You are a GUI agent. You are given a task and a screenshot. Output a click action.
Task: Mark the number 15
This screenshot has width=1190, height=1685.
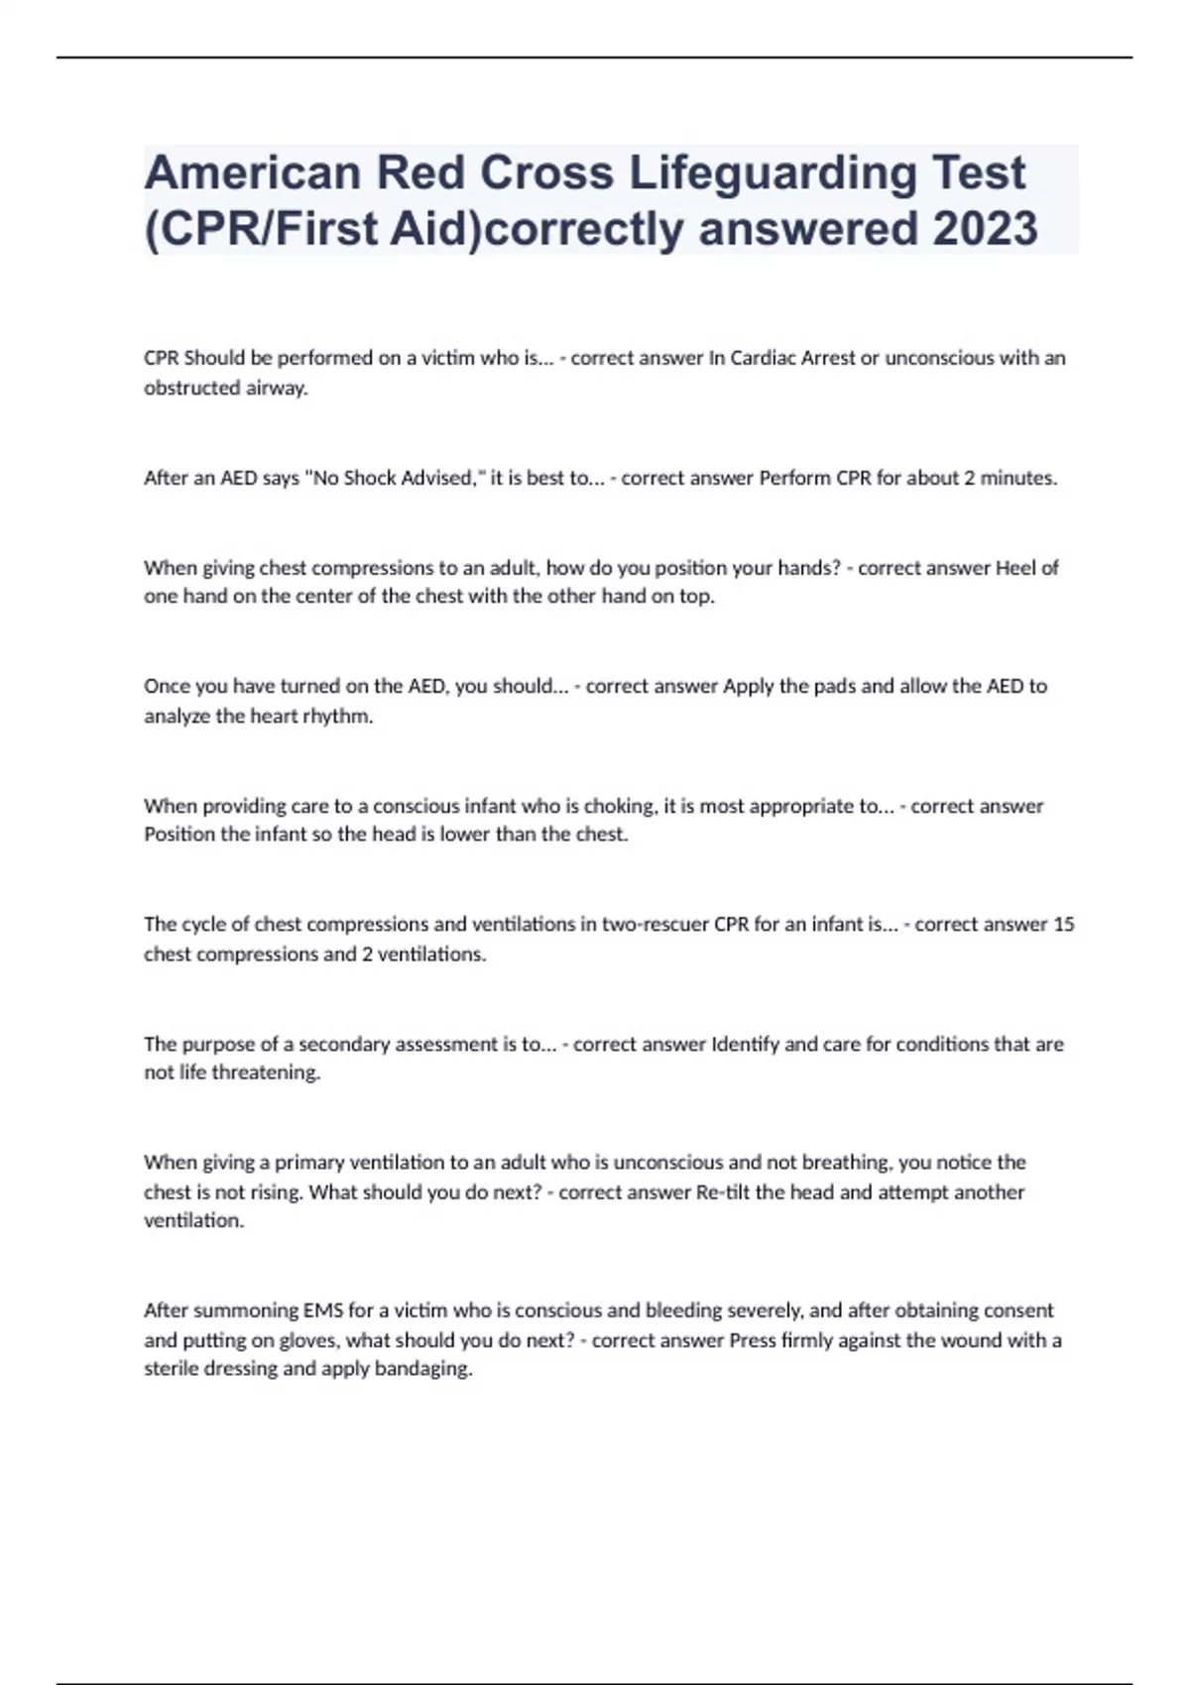[x=1063, y=924]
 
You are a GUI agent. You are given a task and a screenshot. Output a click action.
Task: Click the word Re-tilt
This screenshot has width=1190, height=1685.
[x=722, y=1191]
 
